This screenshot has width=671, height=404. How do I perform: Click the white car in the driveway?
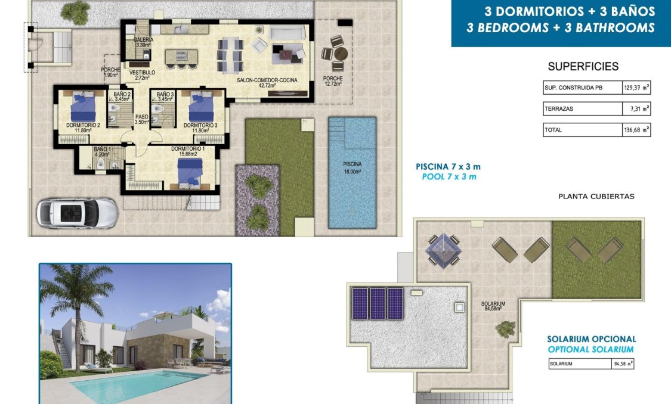pyautogui.click(x=76, y=213)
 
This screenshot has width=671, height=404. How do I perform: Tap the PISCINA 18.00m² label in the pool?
pyautogui.click(x=352, y=167)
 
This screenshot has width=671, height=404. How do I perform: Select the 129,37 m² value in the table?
pyautogui.click(x=636, y=88)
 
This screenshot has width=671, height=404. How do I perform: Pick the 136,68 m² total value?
pyautogui.click(x=636, y=130)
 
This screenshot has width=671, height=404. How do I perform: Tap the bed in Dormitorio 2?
pyautogui.click(x=83, y=107)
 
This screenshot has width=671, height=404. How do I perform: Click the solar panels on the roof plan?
pyautogui.click(x=378, y=303)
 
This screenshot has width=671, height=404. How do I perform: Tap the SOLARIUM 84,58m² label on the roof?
pyautogui.click(x=493, y=306)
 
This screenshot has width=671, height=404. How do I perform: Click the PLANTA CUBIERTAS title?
pyautogui.click(x=596, y=196)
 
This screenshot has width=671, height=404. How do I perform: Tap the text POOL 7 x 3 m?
pyautogui.click(x=447, y=177)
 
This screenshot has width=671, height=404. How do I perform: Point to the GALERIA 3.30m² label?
pyautogui.click(x=143, y=42)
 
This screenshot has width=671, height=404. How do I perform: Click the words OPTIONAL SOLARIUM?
pyautogui.click(x=591, y=350)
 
